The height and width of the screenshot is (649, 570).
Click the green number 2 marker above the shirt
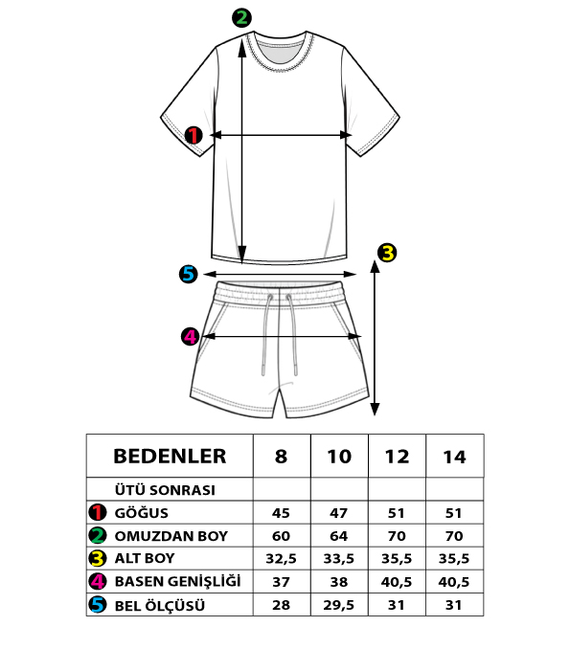[241, 18]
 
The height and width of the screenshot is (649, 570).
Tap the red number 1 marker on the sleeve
[193, 135]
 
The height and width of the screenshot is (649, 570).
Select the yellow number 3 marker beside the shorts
[387, 253]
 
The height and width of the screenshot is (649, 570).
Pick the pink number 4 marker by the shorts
[190, 336]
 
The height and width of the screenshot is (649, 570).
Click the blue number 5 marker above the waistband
[189, 274]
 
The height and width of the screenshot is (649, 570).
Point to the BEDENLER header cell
[170, 457]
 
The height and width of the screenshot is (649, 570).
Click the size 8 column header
[281, 457]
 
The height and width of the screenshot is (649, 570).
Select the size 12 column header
[397, 457]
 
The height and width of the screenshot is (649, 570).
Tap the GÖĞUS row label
[141, 513]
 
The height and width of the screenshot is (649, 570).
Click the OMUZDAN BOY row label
[171, 536]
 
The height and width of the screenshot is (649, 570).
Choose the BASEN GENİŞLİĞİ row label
[178, 581]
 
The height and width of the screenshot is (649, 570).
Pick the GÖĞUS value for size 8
[281, 513]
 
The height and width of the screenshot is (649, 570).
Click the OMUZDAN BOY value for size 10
[339, 536]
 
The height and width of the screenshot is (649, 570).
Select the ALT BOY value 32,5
[281, 559]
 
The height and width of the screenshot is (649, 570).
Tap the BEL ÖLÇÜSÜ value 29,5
[339, 605]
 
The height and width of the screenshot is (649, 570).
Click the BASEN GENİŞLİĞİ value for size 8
[281, 582]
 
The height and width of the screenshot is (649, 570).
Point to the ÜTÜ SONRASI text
[165, 490]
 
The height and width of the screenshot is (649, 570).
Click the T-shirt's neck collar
[280, 52]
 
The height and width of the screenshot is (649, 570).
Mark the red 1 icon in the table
[98, 512]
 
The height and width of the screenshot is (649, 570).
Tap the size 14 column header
[454, 457]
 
